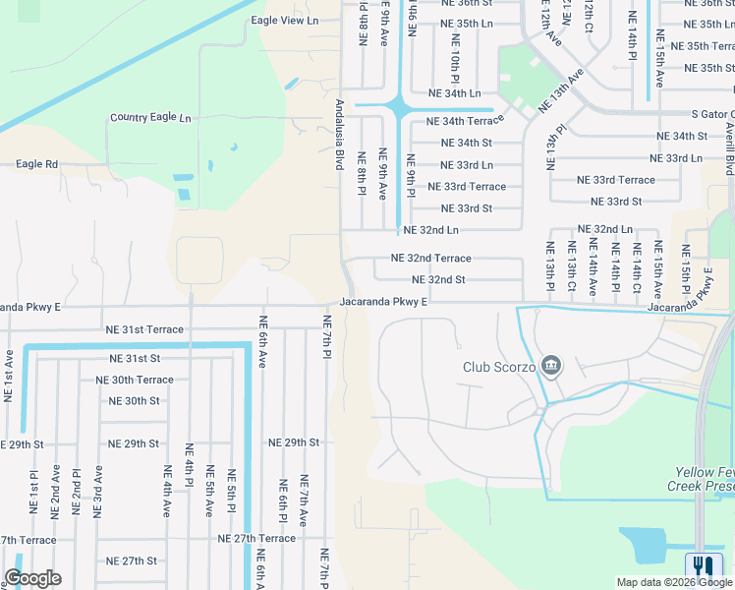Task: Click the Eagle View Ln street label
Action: (x=286, y=20)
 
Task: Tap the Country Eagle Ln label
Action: (x=150, y=117)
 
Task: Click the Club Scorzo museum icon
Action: (x=550, y=367)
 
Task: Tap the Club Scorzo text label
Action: (x=498, y=368)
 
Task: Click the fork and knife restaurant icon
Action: (x=704, y=565)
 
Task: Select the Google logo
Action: (x=33, y=578)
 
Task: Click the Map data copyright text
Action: (x=662, y=582)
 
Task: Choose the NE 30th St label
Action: (x=135, y=401)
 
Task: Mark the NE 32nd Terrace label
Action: (x=430, y=259)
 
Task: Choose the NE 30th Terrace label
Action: (x=135, y=380)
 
